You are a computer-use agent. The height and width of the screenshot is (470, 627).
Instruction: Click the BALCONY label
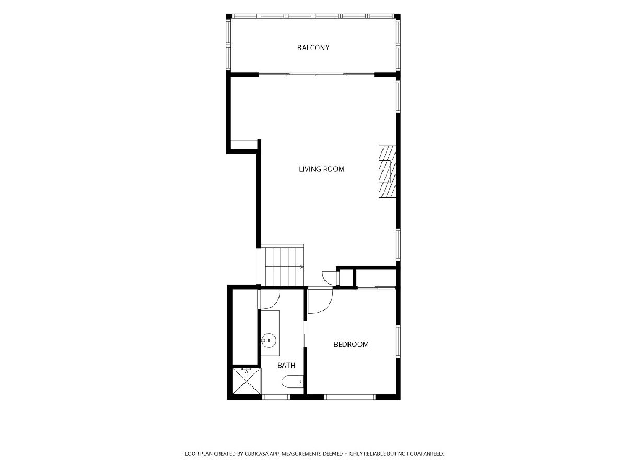pyautogui.click(x=313, y=48)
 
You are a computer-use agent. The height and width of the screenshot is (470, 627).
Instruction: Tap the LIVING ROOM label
pyautogui.click(x=322, y=169)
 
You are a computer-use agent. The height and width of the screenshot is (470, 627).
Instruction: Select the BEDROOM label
pyautogui.click(x=351, y=345)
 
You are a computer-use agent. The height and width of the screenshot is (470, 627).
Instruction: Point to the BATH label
pyautogui.click(x=286, y=365)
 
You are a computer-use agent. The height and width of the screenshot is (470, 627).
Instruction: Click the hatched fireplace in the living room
pyautogui.click(x=387, y=172)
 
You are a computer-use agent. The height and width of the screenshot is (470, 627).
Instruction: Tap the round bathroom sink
pyautogui.click(x=269, y=340)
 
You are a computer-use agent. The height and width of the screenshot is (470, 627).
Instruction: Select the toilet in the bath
pyautogui.click(x=293, y=382)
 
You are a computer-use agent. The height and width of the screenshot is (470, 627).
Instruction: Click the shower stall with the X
pyautogui.click(x=247, y=381)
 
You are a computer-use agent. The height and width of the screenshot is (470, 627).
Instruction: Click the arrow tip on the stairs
pyautogui.click(x=303, y=267)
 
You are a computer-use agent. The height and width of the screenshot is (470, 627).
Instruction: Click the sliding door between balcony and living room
pyautogui.click(x=316, y=75)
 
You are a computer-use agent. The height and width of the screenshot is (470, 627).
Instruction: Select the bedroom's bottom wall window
pyautogui.click(x=350, y=397)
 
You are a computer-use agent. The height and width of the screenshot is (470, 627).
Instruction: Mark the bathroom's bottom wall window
pyautogui.click(x=276, y=397)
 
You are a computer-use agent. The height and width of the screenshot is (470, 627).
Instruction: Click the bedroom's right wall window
pyautogui.click(x=398, y=341)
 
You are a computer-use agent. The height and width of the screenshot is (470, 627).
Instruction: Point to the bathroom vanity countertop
pyautogui.click(x=270, y=333)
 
